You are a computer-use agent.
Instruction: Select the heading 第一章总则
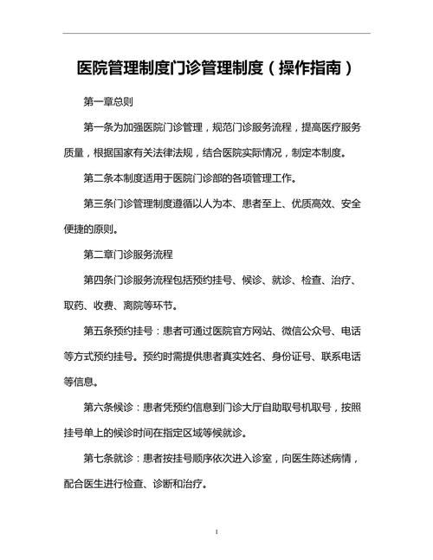click(x=108, y=102)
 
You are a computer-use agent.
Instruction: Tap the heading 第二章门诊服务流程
click(x=128, y=255)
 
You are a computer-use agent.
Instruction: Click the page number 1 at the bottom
click(x=216, y=531)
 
